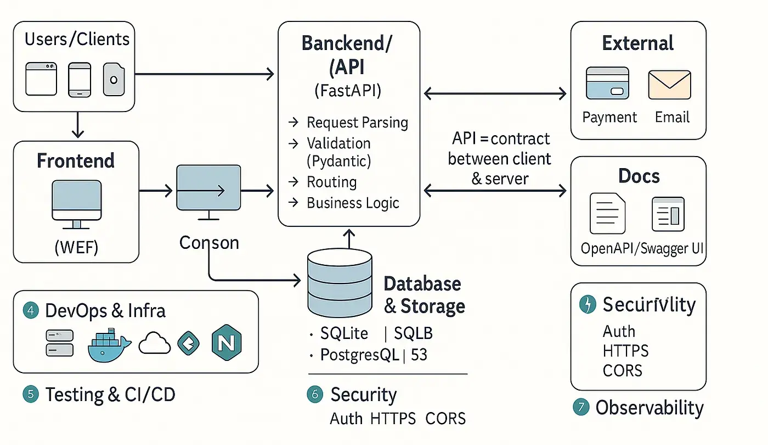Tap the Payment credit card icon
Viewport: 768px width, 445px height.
pos(607,83)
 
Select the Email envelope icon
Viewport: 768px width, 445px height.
pos(669,84)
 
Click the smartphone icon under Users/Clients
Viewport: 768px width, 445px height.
pos(79,79)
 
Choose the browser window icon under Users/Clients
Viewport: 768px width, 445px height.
pos(41,79)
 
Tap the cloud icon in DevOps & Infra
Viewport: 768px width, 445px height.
pos(155,344)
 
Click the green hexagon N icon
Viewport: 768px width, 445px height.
pos(227,343)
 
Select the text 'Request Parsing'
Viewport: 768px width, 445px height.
pos(357,122)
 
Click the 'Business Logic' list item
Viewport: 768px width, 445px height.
pos(353,203)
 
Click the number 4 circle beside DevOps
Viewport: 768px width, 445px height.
pos(31,310)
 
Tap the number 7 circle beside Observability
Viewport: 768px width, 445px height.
pos(580,407)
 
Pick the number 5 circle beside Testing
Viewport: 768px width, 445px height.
pos(31,394)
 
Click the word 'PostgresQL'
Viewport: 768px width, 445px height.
pos(359,355)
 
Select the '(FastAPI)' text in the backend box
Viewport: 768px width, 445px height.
pos(348,90)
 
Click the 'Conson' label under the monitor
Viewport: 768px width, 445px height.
pos(209,242)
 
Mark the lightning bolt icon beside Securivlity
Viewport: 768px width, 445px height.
pos(588,304)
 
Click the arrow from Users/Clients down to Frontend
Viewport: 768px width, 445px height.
pos(78,124)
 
